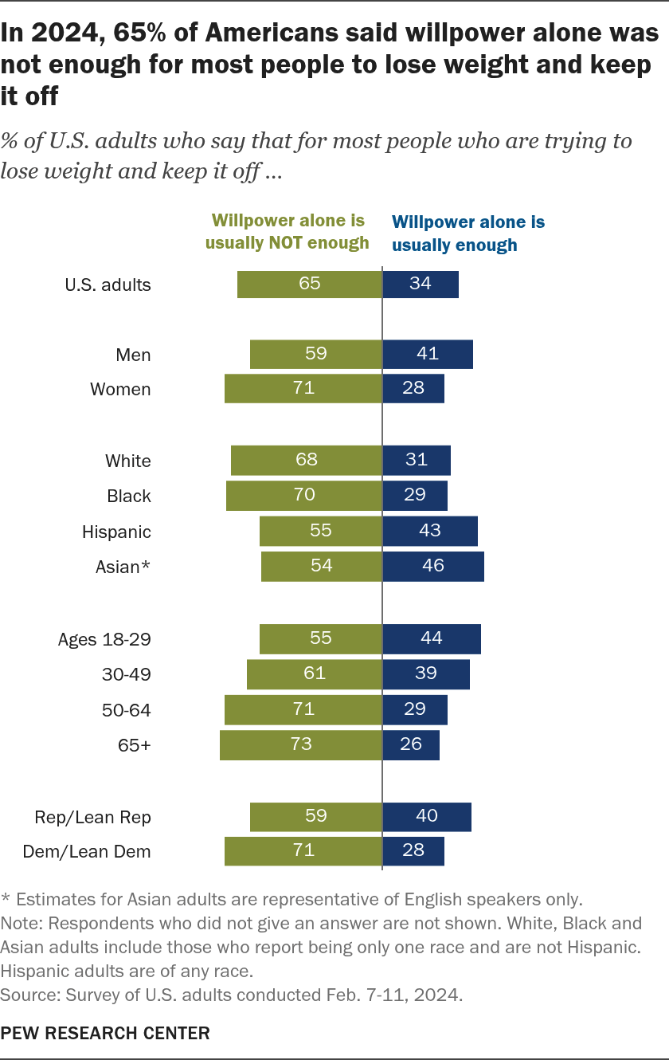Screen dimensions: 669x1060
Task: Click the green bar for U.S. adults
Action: pyautogui.click(x=310, y=285)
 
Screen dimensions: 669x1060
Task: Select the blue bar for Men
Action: pyautogui.click(x=428, y=354)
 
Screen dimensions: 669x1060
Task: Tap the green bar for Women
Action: pyautogui.click(x=303, y=388)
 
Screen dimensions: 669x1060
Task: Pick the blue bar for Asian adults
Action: pyautogui.click(x=433, y=567)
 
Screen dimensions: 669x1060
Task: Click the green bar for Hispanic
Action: pyautogui.click(x=320, y=531)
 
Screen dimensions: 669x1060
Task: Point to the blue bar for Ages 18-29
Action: pyautogui.click(x=432, y=639)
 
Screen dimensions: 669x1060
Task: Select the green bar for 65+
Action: pyautogui.click(x=301, y=745)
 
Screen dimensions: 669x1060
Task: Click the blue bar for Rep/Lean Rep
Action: pyautogui.click(x=427, y=817)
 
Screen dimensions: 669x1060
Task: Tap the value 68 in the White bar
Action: pyautogui.click(x=307, y=460)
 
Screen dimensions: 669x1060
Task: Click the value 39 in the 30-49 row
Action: pyautogui.click(x=426, y=673)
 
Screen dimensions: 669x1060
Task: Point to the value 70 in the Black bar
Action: pyautogui.click(x=304, y=495)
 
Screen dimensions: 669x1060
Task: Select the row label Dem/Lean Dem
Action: pyautogui.click(x=87, y=852)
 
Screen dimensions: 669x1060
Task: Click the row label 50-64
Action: pyautogui.click(x=127, y=710)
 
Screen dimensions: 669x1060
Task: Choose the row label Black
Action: pyautogui.click(x=128, y=496)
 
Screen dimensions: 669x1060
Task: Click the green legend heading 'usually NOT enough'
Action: pyautogui.click(x=287, y=243)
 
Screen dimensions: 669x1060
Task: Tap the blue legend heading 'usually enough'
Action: pyautogui.click(x=454, y=245)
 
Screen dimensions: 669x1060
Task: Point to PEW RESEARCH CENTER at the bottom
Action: pyautogui.click(x=105, y=1033)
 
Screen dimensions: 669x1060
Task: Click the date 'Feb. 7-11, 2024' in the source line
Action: pyautogui.click(x=394, y=995)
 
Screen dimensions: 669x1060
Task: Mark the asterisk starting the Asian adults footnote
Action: pyautogui.click(x=6, y=897)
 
